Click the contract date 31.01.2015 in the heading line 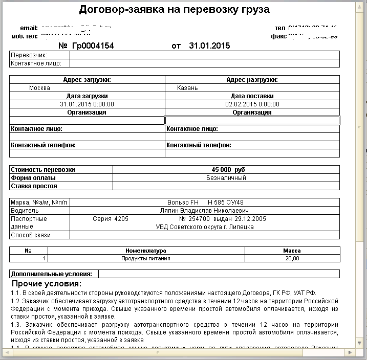pos(209,46)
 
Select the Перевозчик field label pos(29,55)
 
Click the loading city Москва pos(39,88)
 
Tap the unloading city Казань pos(187,88)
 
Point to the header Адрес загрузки pos(87,80)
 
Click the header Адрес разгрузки pos(252,80)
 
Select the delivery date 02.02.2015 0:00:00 pos(252,104)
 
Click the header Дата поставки pos(252,96)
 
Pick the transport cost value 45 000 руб pos(229,170)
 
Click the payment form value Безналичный pos(226,178)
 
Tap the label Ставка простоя pos(34,186)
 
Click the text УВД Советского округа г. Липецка pos(205,227)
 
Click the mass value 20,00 pos(292,259)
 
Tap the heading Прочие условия pos(47,284)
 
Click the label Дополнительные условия pos(51,274)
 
